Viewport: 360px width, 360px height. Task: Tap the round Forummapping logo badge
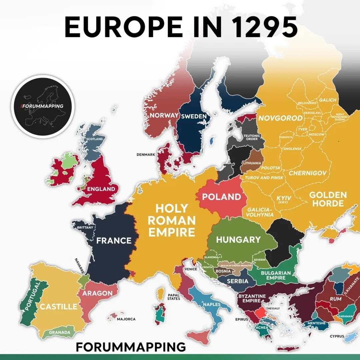[42, 106]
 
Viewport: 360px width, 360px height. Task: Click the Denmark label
[146, 155]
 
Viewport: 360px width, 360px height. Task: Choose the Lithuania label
[252, 163]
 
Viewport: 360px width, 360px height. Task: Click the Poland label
[221, 197]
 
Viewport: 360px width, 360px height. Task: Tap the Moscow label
[316, 134]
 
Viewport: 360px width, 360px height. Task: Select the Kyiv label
[284, 199]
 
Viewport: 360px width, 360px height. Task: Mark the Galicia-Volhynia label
[260, 212]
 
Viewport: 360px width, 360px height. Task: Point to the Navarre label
[80, 266]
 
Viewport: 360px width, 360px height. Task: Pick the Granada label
[60, 332]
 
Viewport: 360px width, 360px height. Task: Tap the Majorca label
[126, 319]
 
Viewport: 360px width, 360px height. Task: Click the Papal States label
[174, 297]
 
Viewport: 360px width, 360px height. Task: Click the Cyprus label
[337, 336]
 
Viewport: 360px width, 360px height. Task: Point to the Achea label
[262, 327]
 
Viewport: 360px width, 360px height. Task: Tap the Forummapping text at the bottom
[131, 347]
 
